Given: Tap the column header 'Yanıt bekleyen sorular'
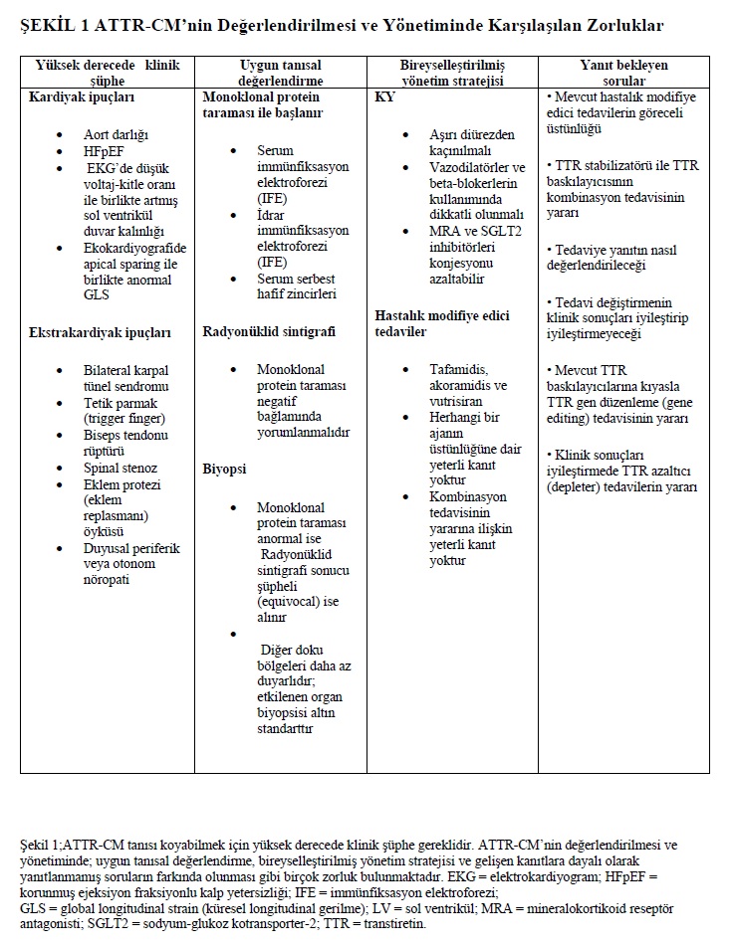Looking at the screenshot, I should [x=623, y=73].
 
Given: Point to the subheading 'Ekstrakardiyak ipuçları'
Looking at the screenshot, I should [x=100, y=333].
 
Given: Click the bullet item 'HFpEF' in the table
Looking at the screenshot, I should [x=106, y=151].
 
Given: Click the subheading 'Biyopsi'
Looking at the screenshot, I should [x=224, y=468].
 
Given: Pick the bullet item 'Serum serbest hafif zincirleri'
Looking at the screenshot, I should [x=297, y=287].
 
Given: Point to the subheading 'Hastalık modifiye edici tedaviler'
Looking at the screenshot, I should [x=441, y=323].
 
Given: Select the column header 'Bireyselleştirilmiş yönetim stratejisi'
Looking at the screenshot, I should [x=452, y=73].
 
